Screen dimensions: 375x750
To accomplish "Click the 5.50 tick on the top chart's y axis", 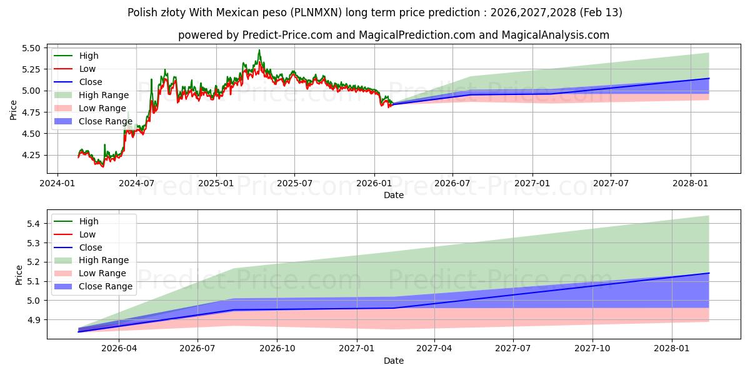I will pos(30,48).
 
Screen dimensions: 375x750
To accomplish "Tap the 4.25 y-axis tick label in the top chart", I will pos(30,155).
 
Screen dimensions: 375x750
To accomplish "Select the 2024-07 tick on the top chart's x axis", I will pos(136,183).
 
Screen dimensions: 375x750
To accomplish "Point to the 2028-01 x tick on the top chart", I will pos(691,183).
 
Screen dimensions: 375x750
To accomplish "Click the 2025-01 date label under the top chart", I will pos(216,183).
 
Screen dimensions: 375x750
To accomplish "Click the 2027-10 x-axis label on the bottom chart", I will pos(592,348).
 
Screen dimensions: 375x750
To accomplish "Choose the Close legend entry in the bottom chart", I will pos(91,247).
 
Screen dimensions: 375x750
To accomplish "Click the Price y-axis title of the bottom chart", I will pos(19,275).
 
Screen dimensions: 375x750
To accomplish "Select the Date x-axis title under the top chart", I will pos(394,195).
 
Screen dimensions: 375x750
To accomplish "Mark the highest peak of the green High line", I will pos(259,50).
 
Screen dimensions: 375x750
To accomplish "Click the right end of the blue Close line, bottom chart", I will pos(709,273).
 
